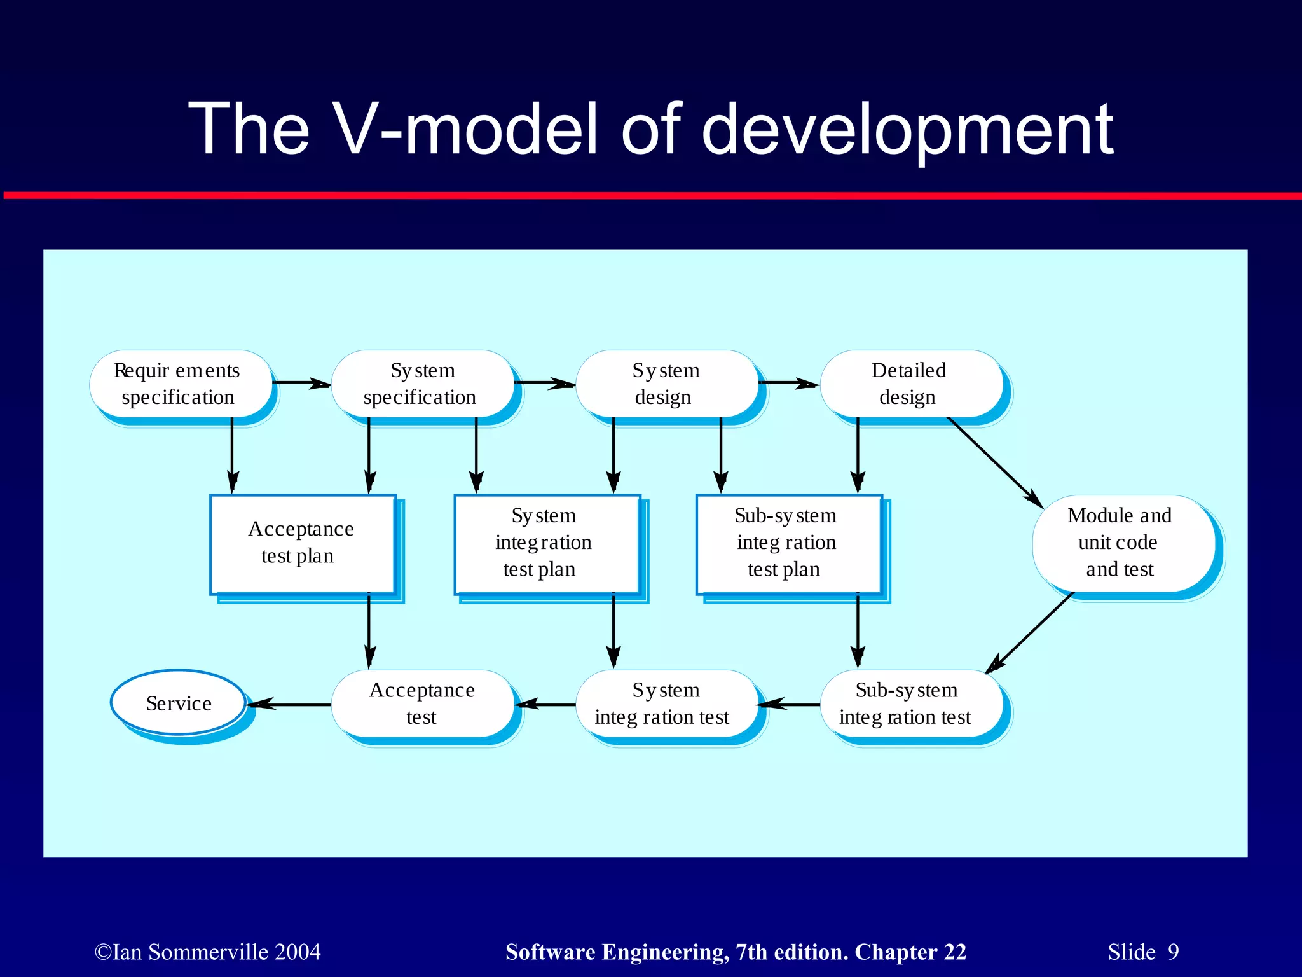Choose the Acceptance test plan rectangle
tap(303, 544)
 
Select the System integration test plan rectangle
tap(547, 544)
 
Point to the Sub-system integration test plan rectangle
tap(788, 544)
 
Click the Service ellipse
tap(179, 703)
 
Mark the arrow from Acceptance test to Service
tap(289, 704)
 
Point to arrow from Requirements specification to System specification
tap(301, 383)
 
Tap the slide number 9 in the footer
tap(1173, 952)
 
